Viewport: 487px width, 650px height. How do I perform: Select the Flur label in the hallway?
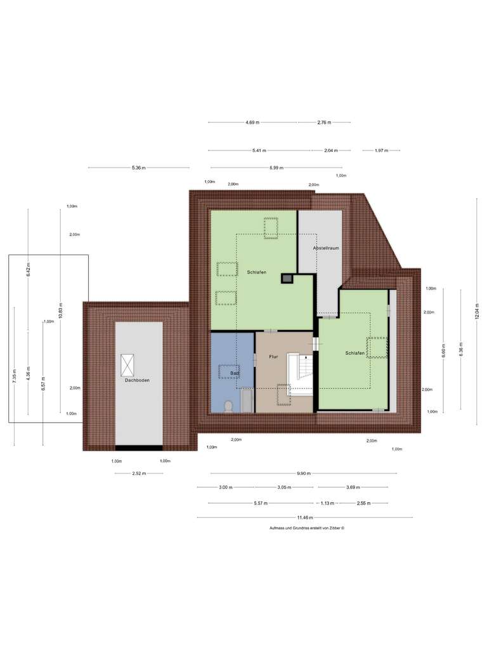[x=273, y=357]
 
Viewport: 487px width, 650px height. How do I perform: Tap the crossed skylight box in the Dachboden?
[x=127, y=366]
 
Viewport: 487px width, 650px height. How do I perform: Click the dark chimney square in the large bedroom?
[x=287, y=278]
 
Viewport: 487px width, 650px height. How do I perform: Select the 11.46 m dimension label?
[x=306, y=517]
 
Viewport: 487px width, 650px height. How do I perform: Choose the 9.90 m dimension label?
[x=304, y=474]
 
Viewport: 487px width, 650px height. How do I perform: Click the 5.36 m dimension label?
[x=138, y=168]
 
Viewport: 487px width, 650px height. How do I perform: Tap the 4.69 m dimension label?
[x=252, y=123]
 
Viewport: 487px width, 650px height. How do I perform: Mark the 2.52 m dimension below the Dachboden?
[x=138, y=474]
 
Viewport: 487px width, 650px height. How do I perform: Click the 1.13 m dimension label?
[x=327, y=503]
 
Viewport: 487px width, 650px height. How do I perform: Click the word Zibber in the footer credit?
[x=334, y=528]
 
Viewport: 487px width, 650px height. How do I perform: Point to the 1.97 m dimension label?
[x=380, y=150]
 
